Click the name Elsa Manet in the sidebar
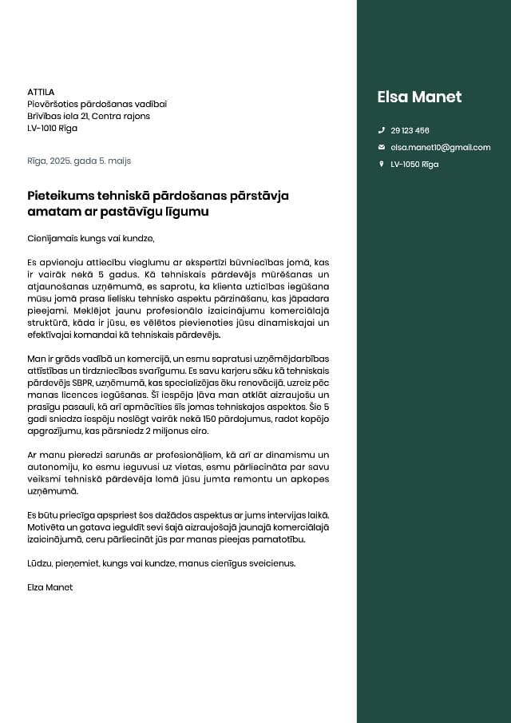[x=419, y=97]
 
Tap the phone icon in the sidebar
[x=381, y=130]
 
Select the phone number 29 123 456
[x=410, y=130]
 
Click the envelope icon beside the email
[x=381, y=148]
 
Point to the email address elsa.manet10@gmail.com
[x=440, y=148]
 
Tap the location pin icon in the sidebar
[x=381, y=165]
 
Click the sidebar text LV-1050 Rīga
[x=414, y=165]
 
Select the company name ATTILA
[x=41, y=92]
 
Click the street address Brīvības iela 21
[x=57, y=116]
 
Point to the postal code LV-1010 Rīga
[x=52, y=128]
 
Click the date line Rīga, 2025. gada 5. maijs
[x=78, y=161]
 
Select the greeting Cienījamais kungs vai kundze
[x=90, y=238]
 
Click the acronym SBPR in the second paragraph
[x=71, y=383]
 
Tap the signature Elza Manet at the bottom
[x=50, y=587]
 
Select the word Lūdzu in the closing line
[x=40, y=563]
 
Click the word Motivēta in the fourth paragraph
[x=46, y=527]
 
